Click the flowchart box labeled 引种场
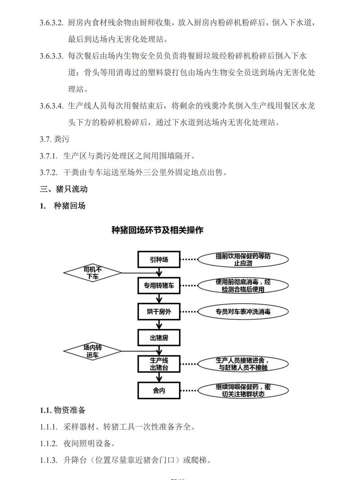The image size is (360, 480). coord(159,259)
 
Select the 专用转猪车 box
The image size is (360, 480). coord(159,286)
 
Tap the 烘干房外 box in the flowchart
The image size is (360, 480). coord(159,312)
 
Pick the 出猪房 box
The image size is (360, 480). coord(159,338)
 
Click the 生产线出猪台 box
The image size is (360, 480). coord(159,364)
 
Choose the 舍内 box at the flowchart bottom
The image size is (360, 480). coord(159,390)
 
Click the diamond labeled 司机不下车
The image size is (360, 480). coord(92,273)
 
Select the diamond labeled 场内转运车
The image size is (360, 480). coord(92,351)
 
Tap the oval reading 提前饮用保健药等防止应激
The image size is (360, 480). coord(243,259)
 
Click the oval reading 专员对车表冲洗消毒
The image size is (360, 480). coord(243,312)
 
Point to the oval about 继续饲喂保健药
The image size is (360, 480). coord(243,390)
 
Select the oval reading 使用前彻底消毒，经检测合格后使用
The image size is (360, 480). coord(243,286)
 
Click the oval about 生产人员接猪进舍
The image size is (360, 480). coord(243,364)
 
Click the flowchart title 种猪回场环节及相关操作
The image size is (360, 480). coord(157,230)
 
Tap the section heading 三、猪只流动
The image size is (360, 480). coord(64,189)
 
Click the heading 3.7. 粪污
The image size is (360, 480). coord(54,139)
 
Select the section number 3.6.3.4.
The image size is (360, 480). coord(52,106)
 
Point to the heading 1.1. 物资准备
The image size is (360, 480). coord(63,410)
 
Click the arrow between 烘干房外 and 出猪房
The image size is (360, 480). coord(159,324)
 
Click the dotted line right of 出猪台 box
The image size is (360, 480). coord(189,364)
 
